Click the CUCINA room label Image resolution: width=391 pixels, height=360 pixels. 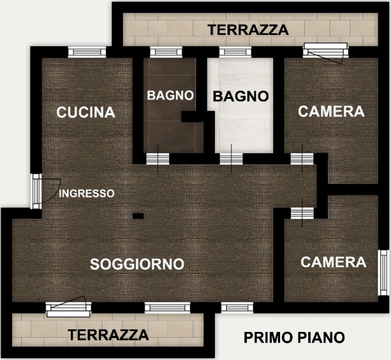pyautogui.click(x=86, y=112)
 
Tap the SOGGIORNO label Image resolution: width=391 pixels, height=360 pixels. pyautogui.click(x=137, y=264)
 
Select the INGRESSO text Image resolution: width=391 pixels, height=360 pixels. pyautogui.click(x=86, y=194)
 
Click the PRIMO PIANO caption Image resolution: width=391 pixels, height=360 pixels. pyautogui.click(x=294, y=338)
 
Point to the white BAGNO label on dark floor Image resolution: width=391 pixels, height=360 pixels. pyautogui.click(x=170, y=95)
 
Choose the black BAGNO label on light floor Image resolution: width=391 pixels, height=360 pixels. pyautogui.click(x=241, y=96)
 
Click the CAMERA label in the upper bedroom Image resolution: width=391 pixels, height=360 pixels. pyautogui.click(x=331, y=111)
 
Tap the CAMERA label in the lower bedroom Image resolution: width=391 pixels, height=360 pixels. pyautogui.click(x=333, y=262)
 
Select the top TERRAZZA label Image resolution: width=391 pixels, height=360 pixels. pyautogui.click(x=248, y=30)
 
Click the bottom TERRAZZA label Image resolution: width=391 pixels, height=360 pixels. pyautogui.click(x=109, y=335)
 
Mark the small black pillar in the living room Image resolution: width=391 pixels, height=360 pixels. pyautogui.click(x=138, y=216)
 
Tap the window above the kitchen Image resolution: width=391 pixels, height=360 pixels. pyautogui.click(x=87, y=52)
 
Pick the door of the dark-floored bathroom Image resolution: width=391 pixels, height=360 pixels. pyautogui.click(x=158, y=159)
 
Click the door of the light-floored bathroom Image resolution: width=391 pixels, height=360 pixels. pyautogui.click(x=231, y=159)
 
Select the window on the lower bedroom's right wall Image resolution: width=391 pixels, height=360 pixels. pyautogui.click(x=383, y=273)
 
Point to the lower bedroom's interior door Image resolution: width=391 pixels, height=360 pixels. pyautogui.click(x=302, y=213)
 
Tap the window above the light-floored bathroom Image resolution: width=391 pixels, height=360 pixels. pyautogui.click(x=235, y=52)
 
